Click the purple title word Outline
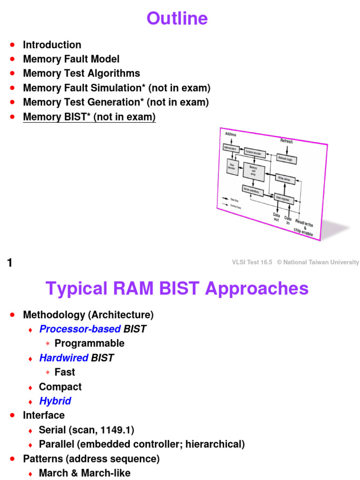tap(177, 19)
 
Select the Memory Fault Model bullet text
tap(71, 59)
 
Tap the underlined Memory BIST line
tap(89, 117)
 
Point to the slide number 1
tap(9, 263)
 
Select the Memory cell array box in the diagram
tap(254, 171)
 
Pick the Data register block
tap(284, 198)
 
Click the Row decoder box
tap(232, 166)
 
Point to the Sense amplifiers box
tap(252, 189)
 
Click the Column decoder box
tap(255, 152)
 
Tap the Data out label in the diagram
tap(277, 217)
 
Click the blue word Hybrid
tap(55, 401)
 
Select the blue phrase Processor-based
tap(80, 329)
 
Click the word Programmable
tap(90, 343)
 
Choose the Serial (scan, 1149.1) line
tap(87, 430)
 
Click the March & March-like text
tap(84, 473)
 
